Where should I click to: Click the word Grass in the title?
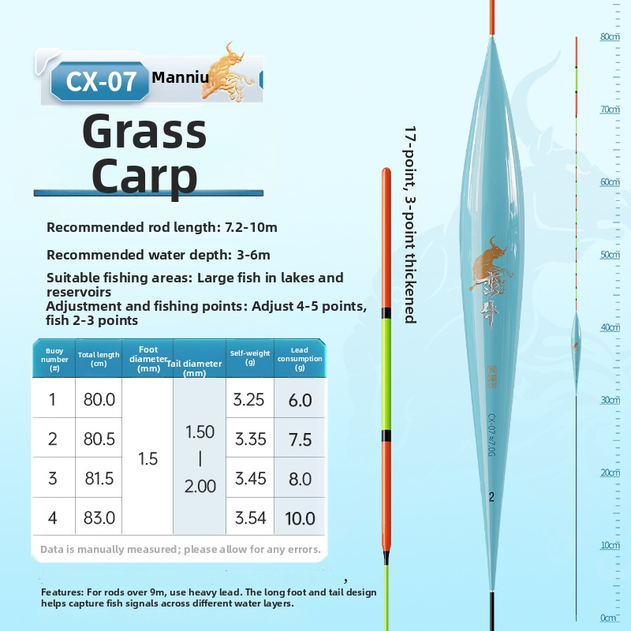(144, 133)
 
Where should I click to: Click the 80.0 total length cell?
(99, 400)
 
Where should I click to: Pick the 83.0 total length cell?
(99, 518)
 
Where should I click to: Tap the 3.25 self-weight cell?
(249, 400)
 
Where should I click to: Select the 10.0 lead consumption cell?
(301, 518)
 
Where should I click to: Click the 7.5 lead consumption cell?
(301, 439)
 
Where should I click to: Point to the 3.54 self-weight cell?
(249, 518)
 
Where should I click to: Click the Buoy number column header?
(54, 358)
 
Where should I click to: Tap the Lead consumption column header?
(300, 358)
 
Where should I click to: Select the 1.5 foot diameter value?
(148, 459)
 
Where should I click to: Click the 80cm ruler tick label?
(610, 36)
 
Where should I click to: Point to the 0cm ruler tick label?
(608, 618)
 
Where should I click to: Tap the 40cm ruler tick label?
(610, 327)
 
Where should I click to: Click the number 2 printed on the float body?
(491, 497)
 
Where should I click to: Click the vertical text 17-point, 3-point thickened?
(409, 224)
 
